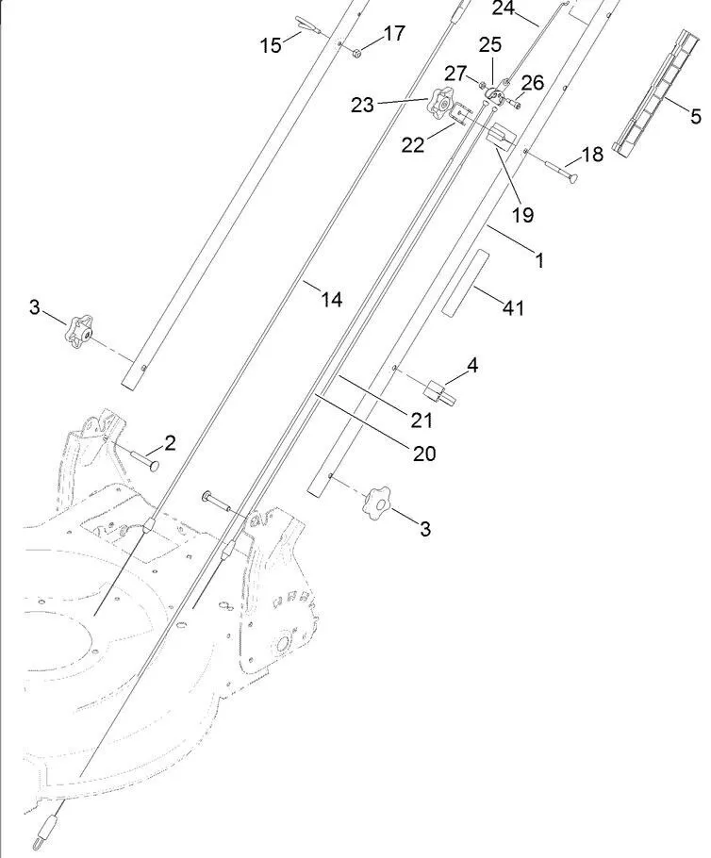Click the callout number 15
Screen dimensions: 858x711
(x=272, y=44)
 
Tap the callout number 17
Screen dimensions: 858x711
(x=394, y=34)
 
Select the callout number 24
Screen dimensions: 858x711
(x=504, y=8)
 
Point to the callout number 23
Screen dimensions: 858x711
(x=363, y=105)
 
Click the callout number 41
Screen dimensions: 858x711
(x=514, y=307)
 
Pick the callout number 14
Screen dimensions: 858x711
(x=331, y=300)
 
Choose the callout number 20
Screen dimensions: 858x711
(x=424, y=453)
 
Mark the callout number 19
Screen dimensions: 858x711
(x=522, y=215)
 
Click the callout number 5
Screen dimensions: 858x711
(x=696, y=117)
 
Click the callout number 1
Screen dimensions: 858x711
(x=539, y=260)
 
